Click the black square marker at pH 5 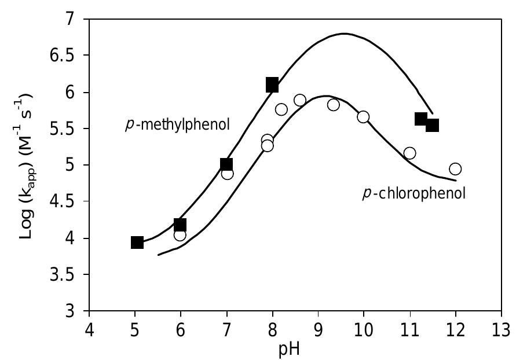pyautogui.click(x=137, y=242)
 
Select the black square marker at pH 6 pyautogui.click(x=180, y=225)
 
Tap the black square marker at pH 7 pyautogui.click(x=226, y=164)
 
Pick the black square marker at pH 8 pyautogui.click(x=272, y=86)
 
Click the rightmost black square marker pyautogui.click(x=432, y=125)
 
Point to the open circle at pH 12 pyautogui.click(x=455, y=169)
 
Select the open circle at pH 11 pyautogui.click(x=409, y=153)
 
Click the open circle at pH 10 pyautogui.click(x=363, y=117)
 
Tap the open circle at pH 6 pyautogui.click(x=180, y=235)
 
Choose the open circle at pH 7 pyautogui.click(x=227, y=174)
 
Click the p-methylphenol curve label pyautogui.click(x=178, y=124)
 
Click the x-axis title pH pyautogui.click(x=295, y=350)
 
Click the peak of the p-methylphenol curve pyautogui.click(x=344, y=34)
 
